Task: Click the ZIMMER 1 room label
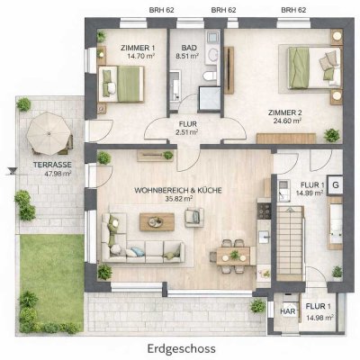(138, 48)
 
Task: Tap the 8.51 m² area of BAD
(187, 56)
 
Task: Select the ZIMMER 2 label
(285, 112)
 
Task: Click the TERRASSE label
(52, 165)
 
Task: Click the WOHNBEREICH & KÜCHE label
(178, 191)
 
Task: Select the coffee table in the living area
(157, 222)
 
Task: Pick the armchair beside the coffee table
(194, 217)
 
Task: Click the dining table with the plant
(233, 256)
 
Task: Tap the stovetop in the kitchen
(265, 211)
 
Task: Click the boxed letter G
(336, 185)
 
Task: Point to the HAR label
(288, 311)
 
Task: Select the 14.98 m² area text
(320, 318)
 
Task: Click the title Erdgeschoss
(182, 349)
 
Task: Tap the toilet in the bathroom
(210, 76)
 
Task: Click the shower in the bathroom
(210, 99)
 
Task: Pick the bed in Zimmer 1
(121, 84)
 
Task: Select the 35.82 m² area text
(179, 198)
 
